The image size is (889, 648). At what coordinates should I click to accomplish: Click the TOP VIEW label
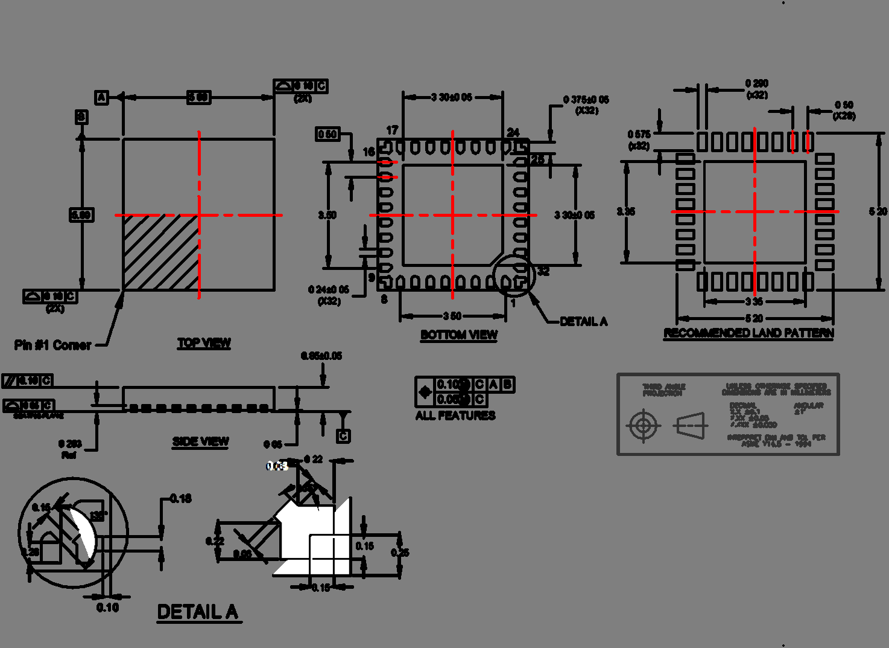(x=204, y=342)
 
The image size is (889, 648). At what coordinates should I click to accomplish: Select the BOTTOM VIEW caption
(x=458, y=335)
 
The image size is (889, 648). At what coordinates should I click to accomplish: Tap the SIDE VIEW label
(x=200, y=441)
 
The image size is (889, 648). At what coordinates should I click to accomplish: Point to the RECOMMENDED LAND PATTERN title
(x=748, y=333)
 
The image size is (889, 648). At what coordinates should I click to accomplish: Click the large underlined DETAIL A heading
(x=198, y=612)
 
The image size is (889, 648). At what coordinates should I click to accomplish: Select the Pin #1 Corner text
(x=53, y=345)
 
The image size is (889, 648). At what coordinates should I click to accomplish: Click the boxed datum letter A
(x=101, y=97)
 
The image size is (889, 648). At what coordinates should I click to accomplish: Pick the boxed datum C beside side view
(x=343, y=435)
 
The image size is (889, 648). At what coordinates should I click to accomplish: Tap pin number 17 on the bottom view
(x=392, y=130)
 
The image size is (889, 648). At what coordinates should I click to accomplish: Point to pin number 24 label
(x=513, y=132)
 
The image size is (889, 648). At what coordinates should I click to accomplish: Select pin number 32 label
(x=543, y=271)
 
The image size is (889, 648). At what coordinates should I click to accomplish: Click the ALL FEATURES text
(x=455, y=415)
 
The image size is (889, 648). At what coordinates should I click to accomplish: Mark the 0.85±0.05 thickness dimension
(x=321, y=356)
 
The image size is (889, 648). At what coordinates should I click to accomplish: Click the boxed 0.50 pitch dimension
(x=327, y=134)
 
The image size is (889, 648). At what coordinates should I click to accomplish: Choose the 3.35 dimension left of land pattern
(x=626, y=211)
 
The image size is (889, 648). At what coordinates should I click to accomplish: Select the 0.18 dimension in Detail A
(x=181, y=498)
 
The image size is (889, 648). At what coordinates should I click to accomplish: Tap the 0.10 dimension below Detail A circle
(x=107, y=608)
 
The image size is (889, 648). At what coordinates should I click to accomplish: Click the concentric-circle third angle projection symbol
(x=643, y=426)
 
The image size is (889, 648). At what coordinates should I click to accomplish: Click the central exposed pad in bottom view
(x=452, y=214)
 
